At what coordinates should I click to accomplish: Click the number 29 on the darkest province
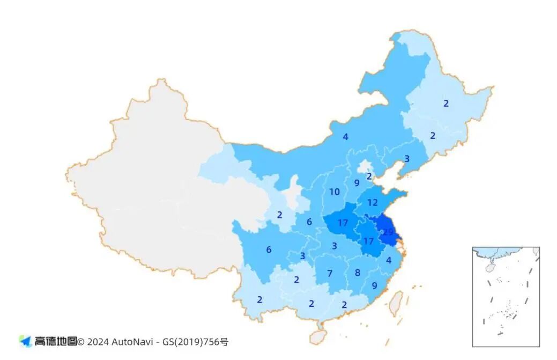(x=388, y=231)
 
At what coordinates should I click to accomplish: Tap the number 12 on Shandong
(x=373, y=203)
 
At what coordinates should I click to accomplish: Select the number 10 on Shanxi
(x=335, y=192)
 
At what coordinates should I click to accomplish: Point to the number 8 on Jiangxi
(x=358, y=272)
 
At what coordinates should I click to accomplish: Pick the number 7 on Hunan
(x=330, y=273)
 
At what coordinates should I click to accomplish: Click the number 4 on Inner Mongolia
(x=346, y=137)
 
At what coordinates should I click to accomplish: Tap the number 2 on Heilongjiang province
(x=445, y=104)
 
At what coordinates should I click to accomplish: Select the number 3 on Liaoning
(x=407, y=159)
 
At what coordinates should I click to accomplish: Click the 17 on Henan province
(x=344, y=223)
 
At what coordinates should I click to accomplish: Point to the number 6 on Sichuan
(x=269, y=249)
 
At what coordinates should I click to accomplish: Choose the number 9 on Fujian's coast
(x=374, y=285)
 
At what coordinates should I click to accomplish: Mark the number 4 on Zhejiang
(x=389, y=260)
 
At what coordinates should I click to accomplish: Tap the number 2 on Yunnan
(x=259, y=300)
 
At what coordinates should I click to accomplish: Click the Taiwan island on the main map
(x=396, y=303)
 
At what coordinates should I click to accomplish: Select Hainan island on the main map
(x=317, y=336)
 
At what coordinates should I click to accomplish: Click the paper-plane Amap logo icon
(x=25, y=341)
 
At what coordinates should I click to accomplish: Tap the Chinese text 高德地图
(x=55, y=341)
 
